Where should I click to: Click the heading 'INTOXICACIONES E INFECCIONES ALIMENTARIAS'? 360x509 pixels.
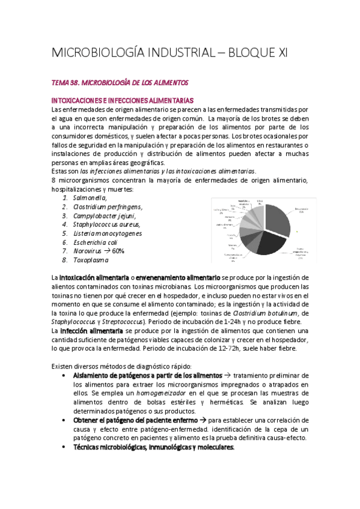[123, 100]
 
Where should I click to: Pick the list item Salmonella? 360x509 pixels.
[90, 197]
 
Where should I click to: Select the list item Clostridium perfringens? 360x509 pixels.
[108, 206]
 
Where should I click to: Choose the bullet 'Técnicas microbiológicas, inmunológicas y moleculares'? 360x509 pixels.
[153, 447]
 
